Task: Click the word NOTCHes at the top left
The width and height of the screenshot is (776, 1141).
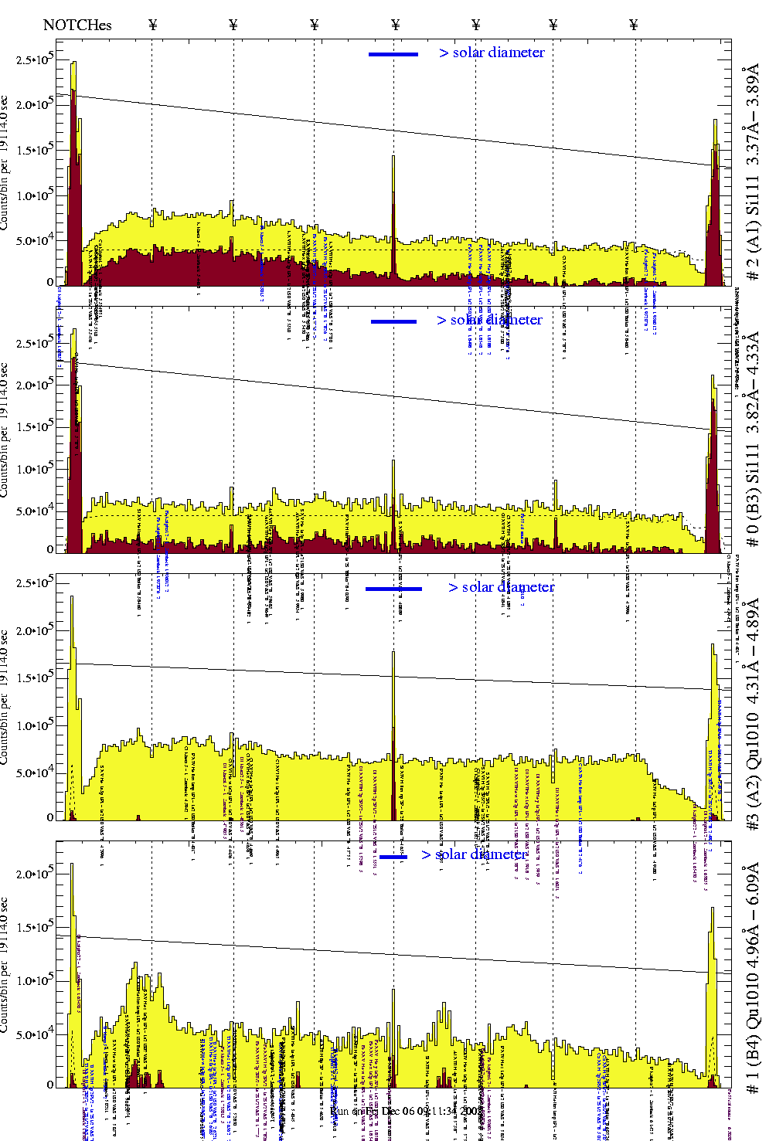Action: pyautogui.click(x=77, y=25)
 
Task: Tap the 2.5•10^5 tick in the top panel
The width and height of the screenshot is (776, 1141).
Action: pyautogui.click(x=34, y=59)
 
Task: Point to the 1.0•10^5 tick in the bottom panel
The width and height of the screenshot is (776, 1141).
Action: pyautogui.click(x=34, y=981)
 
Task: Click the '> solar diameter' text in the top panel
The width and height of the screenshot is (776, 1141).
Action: pyautogui.click(x=492, y=53)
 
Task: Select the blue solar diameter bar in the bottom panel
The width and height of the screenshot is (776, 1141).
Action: pyautogui.click(x=393, y=857)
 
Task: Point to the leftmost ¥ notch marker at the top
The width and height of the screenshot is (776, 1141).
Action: pyautogui.click(x=152, y=25)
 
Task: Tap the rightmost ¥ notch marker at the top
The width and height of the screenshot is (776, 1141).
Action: pyautogui.click(x=634, y=25)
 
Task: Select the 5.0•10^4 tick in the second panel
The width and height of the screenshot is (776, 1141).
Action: pyautogui.click(x=34, y=511)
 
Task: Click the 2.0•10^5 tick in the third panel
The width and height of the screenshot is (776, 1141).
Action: pyautogui.click(x=34, y=630)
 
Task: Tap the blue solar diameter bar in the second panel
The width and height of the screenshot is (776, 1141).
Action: pyautogui.click(x=393, y=321)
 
